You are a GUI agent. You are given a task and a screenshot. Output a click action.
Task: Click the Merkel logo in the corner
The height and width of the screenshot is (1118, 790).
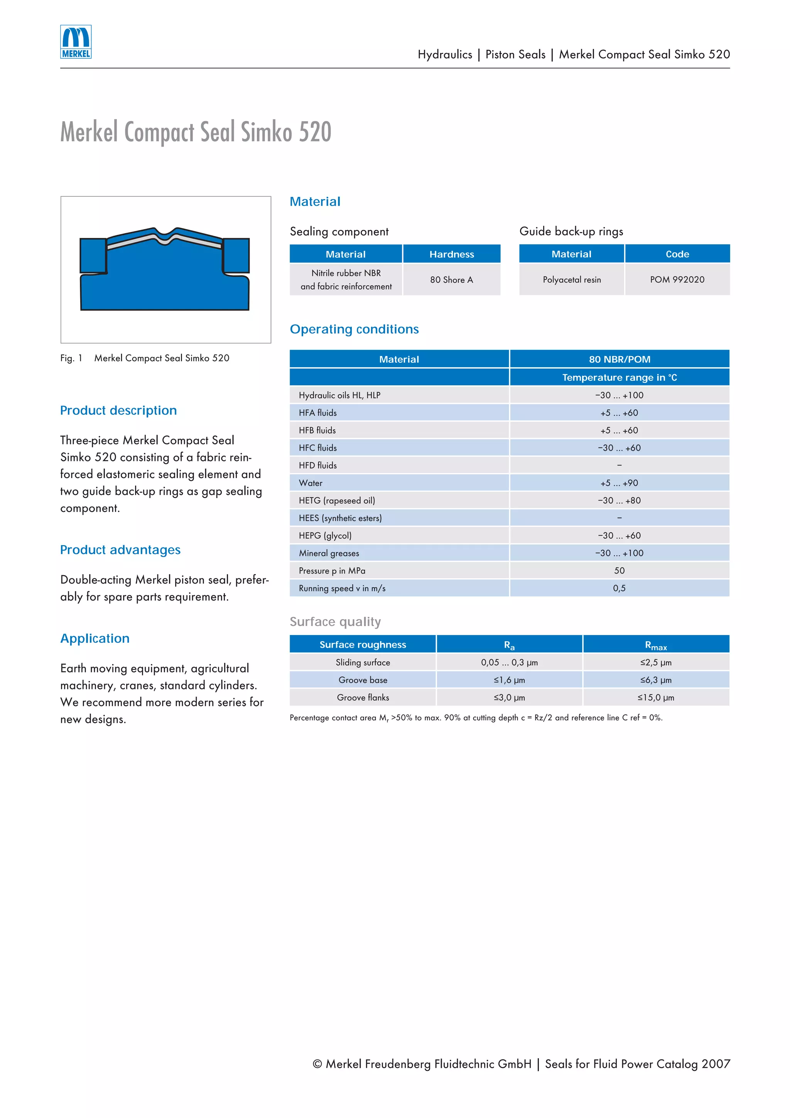76,42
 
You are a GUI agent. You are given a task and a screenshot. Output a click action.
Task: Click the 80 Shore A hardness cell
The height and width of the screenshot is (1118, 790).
451,279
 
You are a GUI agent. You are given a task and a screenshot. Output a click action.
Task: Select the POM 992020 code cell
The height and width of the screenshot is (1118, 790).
677,279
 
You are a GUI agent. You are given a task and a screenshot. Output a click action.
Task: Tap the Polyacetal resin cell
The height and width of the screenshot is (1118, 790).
571,279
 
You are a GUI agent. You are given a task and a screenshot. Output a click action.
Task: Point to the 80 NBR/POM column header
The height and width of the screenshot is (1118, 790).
619,360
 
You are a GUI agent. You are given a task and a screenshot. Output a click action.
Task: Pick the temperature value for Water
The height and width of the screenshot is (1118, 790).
619,483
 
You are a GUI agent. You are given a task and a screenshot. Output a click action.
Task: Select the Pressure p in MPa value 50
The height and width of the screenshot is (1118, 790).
619,571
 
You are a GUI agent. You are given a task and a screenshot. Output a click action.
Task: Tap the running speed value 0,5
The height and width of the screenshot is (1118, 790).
619,588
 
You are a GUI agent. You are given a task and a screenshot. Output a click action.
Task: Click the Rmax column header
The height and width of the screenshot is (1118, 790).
656,645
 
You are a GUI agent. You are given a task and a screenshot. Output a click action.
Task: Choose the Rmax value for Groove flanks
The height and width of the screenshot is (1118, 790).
656,698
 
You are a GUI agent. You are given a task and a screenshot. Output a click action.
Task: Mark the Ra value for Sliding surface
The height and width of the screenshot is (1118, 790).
509,663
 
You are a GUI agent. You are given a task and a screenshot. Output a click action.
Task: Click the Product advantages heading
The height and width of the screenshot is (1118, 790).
120,550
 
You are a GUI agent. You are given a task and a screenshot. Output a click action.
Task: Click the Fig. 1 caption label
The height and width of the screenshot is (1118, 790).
71,358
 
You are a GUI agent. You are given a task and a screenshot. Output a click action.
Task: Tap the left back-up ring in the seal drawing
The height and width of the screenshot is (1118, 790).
93,256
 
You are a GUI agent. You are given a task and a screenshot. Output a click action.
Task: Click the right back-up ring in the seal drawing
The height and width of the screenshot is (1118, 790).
236,256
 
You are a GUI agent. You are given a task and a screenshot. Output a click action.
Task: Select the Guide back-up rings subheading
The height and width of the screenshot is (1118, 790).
571,231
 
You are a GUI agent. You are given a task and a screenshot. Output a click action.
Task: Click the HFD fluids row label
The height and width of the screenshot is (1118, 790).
317,466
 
